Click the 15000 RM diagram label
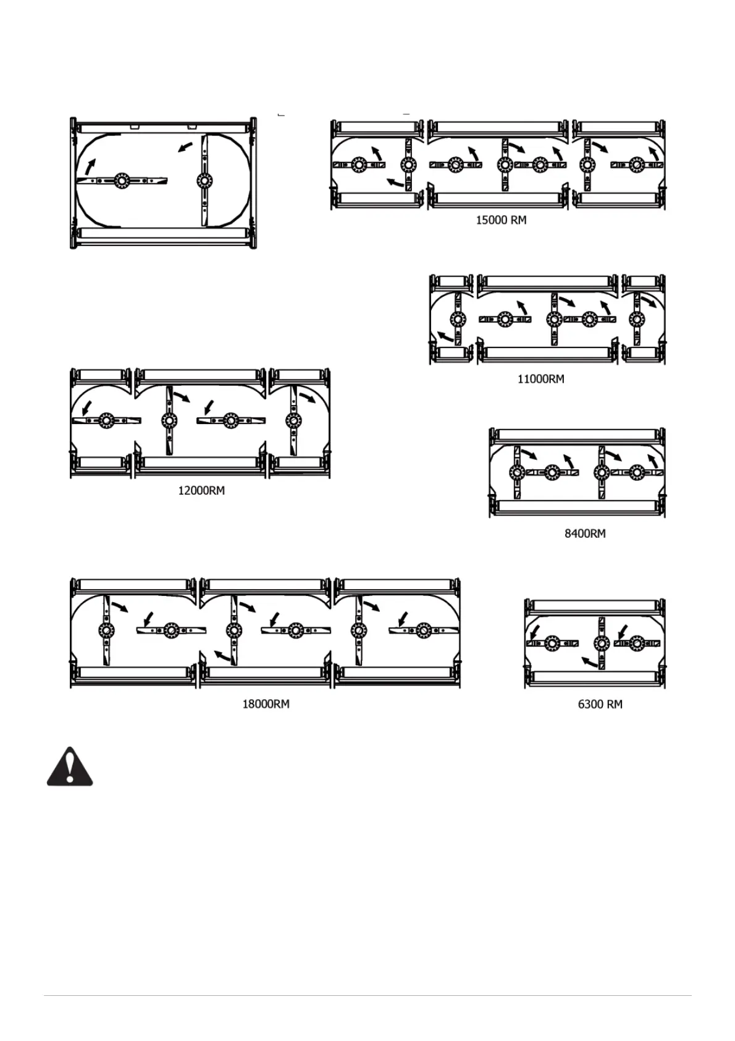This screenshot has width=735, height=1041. click(501, 220)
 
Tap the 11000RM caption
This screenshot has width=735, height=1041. click(540, 379)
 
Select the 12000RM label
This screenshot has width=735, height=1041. click(201, 491)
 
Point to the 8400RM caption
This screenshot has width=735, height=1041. click(585, 533)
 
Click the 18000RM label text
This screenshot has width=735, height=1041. click(266, 704)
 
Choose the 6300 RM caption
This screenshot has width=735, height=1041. click(600, 704)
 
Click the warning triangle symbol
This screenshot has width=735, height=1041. click(70, 767)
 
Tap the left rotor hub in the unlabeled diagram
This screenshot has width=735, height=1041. click(120, 180)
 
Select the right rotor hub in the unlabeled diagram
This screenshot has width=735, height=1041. click(203, 180)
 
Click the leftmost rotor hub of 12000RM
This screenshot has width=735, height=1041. click(106, 420)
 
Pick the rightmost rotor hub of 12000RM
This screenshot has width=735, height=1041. click(293, 420)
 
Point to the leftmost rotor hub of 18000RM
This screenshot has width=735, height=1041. click(106, 631)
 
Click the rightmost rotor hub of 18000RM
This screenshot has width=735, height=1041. click(423, 631)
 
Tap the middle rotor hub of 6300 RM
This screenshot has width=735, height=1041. click(599, 644)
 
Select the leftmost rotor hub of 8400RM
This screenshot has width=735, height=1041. click(517, 473)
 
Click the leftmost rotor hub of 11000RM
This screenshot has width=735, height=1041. click(458, 319)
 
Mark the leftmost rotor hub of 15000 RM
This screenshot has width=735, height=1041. click(358, 165)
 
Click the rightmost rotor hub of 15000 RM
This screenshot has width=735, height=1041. click(637, 165)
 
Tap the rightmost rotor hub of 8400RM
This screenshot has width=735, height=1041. click(637, 473)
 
